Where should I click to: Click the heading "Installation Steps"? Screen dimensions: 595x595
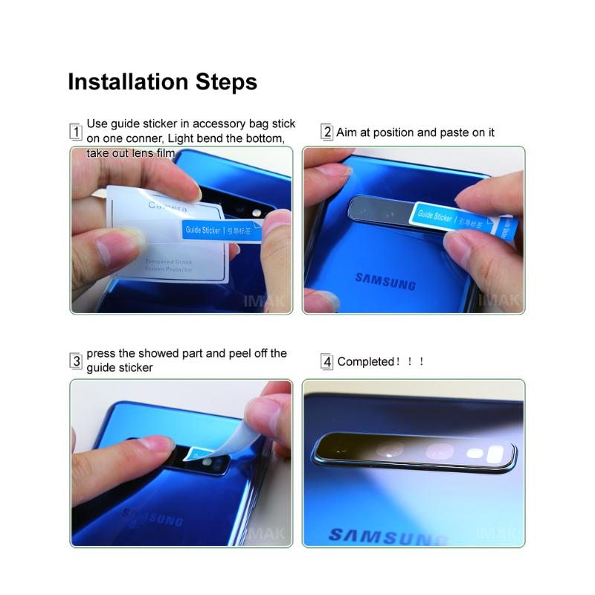coord(162,81)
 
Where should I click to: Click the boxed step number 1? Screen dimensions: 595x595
coord(75,132)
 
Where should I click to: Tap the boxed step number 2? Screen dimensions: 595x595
coord(327,132)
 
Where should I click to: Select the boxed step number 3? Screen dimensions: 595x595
coord(75,361)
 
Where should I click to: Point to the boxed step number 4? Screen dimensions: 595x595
coord(327,362)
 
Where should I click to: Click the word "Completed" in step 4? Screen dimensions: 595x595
coord(365,362)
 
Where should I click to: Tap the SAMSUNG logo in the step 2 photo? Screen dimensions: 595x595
coord(385,280)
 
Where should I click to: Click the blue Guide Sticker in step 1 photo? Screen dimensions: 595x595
coord(221,231)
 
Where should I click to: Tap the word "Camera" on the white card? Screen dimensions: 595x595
coord(167,205)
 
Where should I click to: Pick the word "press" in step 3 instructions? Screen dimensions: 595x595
coord(102,353)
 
